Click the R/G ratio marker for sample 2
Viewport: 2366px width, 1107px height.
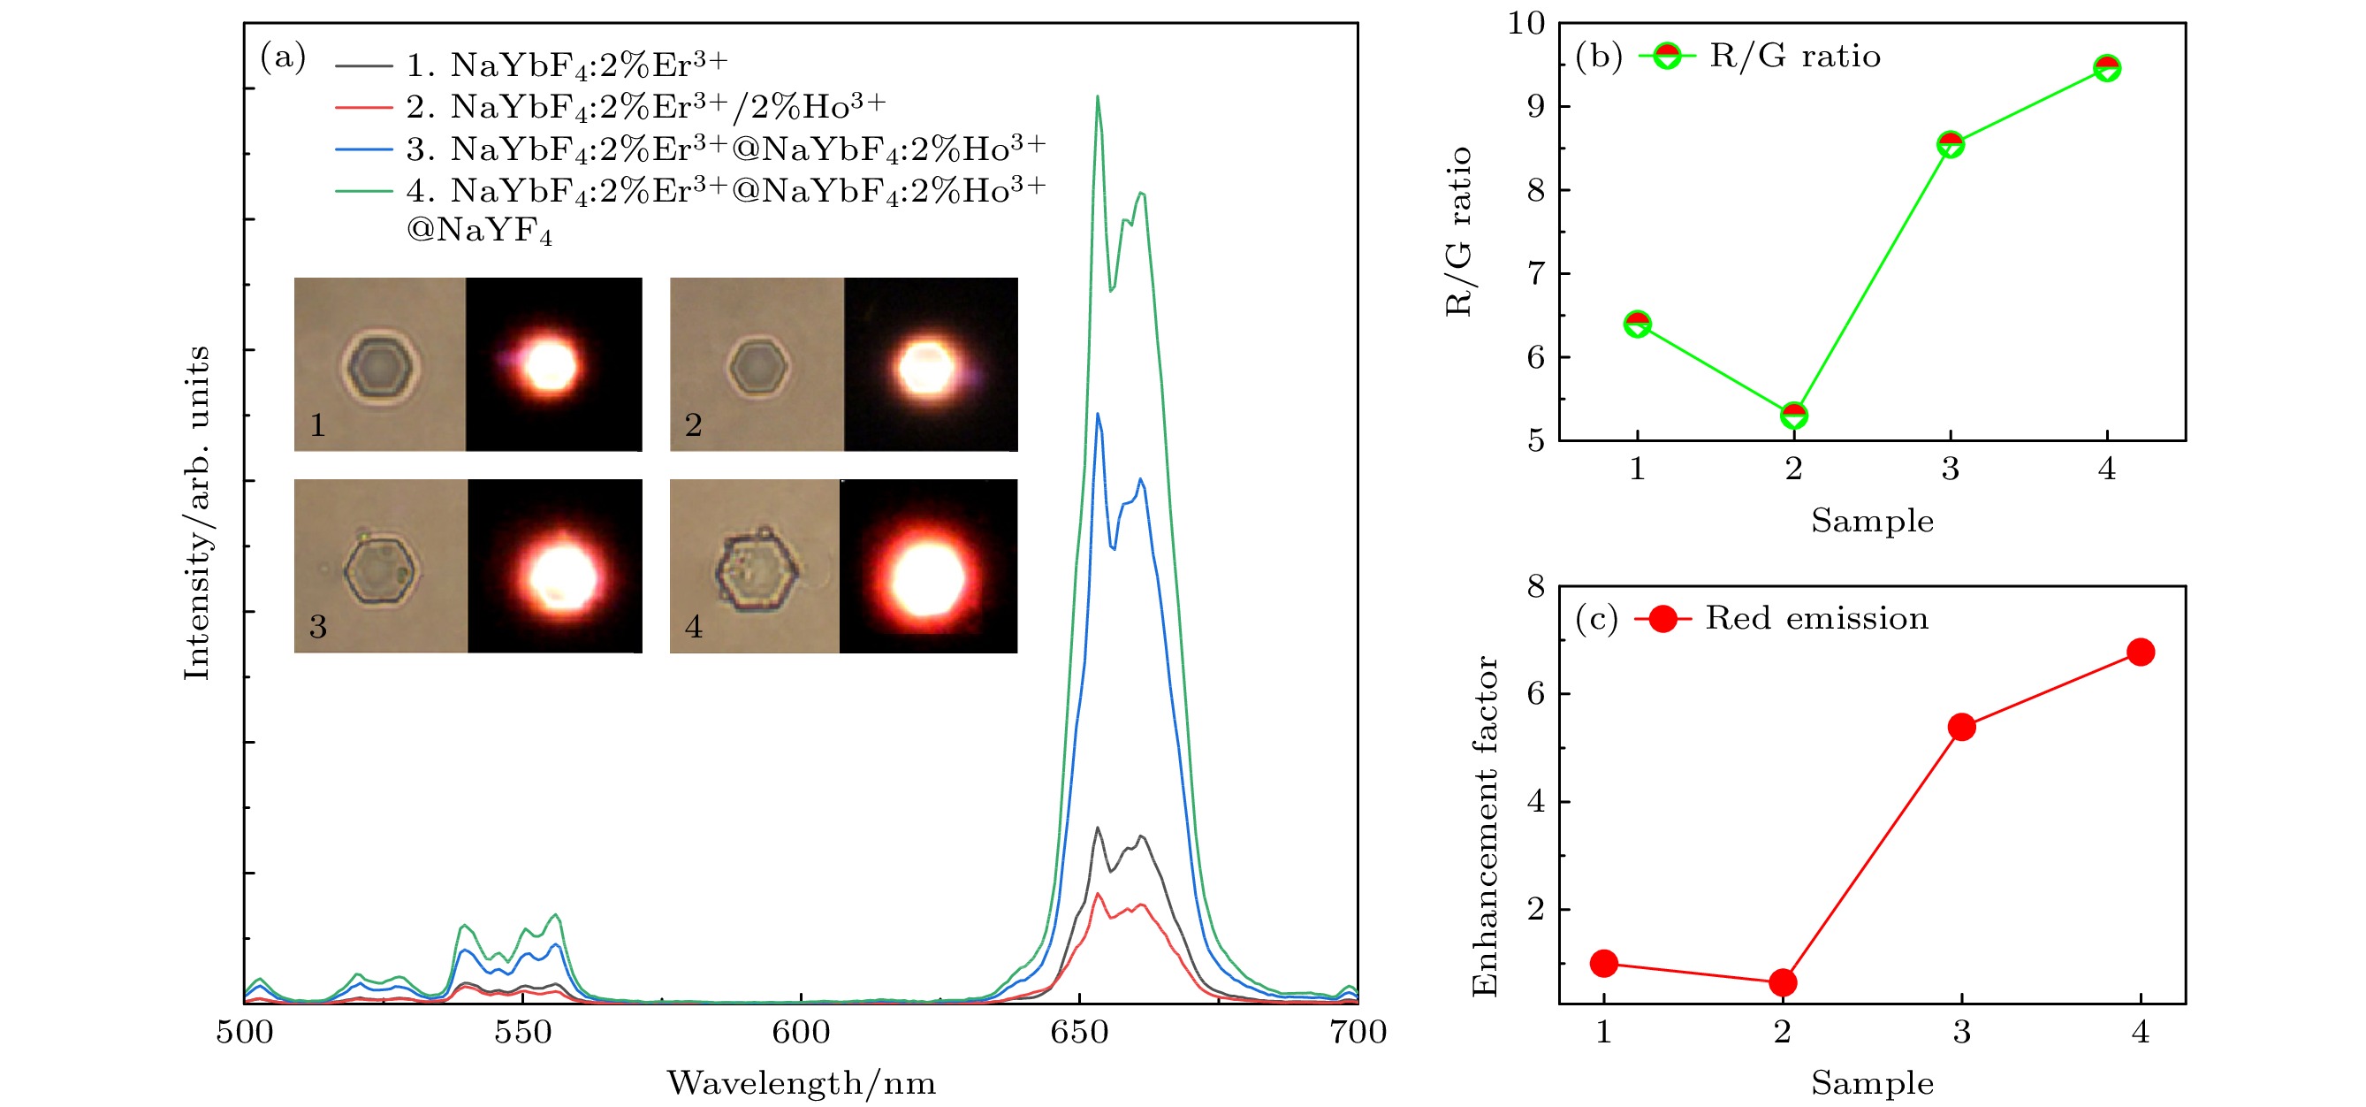[1793, 416]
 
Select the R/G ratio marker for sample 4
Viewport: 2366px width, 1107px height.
[2107, 68]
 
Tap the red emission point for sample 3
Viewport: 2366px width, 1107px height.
[1961, 728]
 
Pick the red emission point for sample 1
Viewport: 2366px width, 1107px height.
[1603, 963]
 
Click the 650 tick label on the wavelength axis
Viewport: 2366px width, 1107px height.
[1079, 1033]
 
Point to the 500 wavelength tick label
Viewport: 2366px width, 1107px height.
[244, 1033]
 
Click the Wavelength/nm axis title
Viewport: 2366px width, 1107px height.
[801, 1083]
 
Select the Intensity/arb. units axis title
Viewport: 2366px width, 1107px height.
[196, 513]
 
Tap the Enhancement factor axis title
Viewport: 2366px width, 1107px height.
[1484, 827]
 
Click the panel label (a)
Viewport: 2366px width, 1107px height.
[283, 57]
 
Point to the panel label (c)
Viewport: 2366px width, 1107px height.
[1596, 618]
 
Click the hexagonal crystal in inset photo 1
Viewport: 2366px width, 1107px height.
[381, 366]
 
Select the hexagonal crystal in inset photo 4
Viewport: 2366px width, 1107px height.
[756, 569]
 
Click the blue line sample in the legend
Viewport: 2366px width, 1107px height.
[364, 148]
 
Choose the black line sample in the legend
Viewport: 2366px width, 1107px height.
[364, 65]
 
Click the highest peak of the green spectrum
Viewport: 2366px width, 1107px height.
[1097, 97]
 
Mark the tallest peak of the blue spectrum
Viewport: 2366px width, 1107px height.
[1097, 415]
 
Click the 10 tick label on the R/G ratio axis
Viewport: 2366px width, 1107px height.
[1525, 23]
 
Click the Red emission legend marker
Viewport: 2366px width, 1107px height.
[1662, 618]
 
